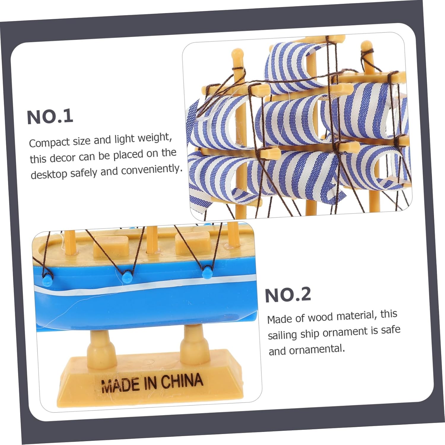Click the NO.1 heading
coord(50,117)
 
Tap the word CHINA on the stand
coord(182,382)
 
